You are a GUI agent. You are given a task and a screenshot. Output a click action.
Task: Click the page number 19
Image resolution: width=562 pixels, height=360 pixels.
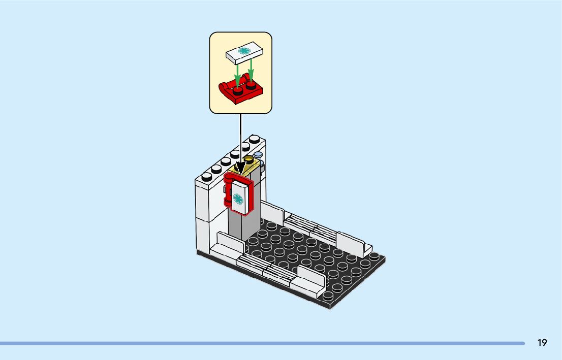(x=542, y=343)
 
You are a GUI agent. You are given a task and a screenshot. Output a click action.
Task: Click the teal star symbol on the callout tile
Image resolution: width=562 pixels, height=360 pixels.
(x=244, y=52)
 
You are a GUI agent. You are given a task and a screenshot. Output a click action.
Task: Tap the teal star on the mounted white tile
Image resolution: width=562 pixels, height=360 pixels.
(x=238, y=199)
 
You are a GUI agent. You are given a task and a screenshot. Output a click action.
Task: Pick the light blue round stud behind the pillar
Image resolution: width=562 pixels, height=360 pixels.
(x=258, y=154)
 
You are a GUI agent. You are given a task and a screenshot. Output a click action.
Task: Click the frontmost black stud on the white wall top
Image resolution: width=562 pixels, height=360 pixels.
(x=206, y=177)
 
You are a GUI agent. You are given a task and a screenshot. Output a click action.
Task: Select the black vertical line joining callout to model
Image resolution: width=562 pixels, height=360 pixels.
(x=240, y=137)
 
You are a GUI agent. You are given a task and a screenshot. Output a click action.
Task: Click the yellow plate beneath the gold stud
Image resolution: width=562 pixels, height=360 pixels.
(x=244, y=168)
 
